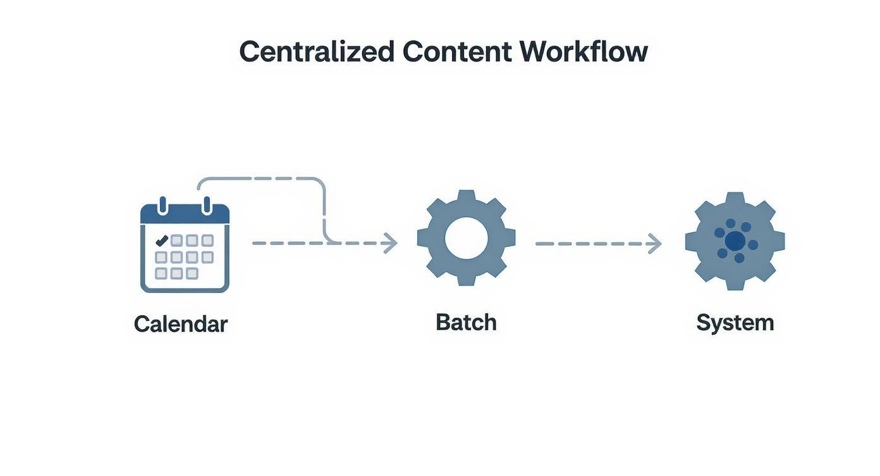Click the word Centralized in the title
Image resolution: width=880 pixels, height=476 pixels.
click(x=316, y=51)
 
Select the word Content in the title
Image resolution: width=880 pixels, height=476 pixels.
click(x=456, y=51)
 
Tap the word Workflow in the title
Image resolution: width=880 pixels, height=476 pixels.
click(x=584, y=51)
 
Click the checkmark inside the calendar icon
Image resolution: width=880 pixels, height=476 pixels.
click(x=161, y=240)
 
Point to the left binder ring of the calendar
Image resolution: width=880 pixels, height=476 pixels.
click(x=162, y=206)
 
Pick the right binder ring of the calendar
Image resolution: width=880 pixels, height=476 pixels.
click(x=206, y=206)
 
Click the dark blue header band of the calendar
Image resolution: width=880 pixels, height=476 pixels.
click(x=185, y=215)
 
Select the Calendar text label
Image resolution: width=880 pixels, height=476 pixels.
click(x=181, y=324)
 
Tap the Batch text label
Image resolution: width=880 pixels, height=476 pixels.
click(x=466, y=322)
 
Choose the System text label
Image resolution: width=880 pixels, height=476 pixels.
click(x=735, y=323)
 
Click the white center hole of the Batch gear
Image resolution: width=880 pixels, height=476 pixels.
click(x=467, y=239)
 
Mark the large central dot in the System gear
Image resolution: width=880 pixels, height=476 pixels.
click(x=735, y=241)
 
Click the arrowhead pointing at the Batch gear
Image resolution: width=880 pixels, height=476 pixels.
click(x=391, y=242)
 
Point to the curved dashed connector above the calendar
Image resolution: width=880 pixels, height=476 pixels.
click(x=266, y=179)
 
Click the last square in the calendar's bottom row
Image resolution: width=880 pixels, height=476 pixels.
click(x=192, y=273)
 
